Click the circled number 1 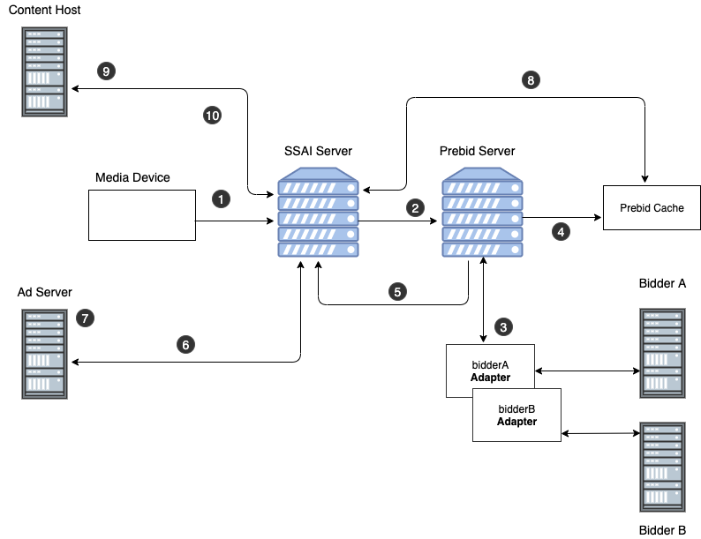pyautogui.click(x=221, y=199)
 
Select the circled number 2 pyautogui.click(x=415, y=208)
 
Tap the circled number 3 pyautogui.click(x=503, y=327)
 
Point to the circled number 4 pyautogui.click(x=561, y=232)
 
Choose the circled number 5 pyautogui.click(x=397, y=291)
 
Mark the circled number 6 pyautogui.click(x=185, y=345)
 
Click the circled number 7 pyautogui.click(x=85, y=318)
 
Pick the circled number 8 pyautogui.click(x=530, y=80)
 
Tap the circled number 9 pyautogui.click(x=106, y=71)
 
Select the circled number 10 pyautogui.click(x=212, y=116)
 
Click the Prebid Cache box pyautogui.click(x=652, y=208)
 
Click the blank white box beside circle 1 pyautogui.click(x=142, y=214)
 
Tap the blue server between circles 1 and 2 pyautogui.click(x=319, y=213)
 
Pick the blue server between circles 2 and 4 pyautogui.click(x=482, y=213)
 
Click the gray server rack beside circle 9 pyautogui.click(x=45, y=71)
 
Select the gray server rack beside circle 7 pyautogui.click(x=45, y=355)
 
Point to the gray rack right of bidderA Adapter pyautogui.click(x=662, y=354)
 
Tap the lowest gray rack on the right pyautogui.click(x=662, y=467)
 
